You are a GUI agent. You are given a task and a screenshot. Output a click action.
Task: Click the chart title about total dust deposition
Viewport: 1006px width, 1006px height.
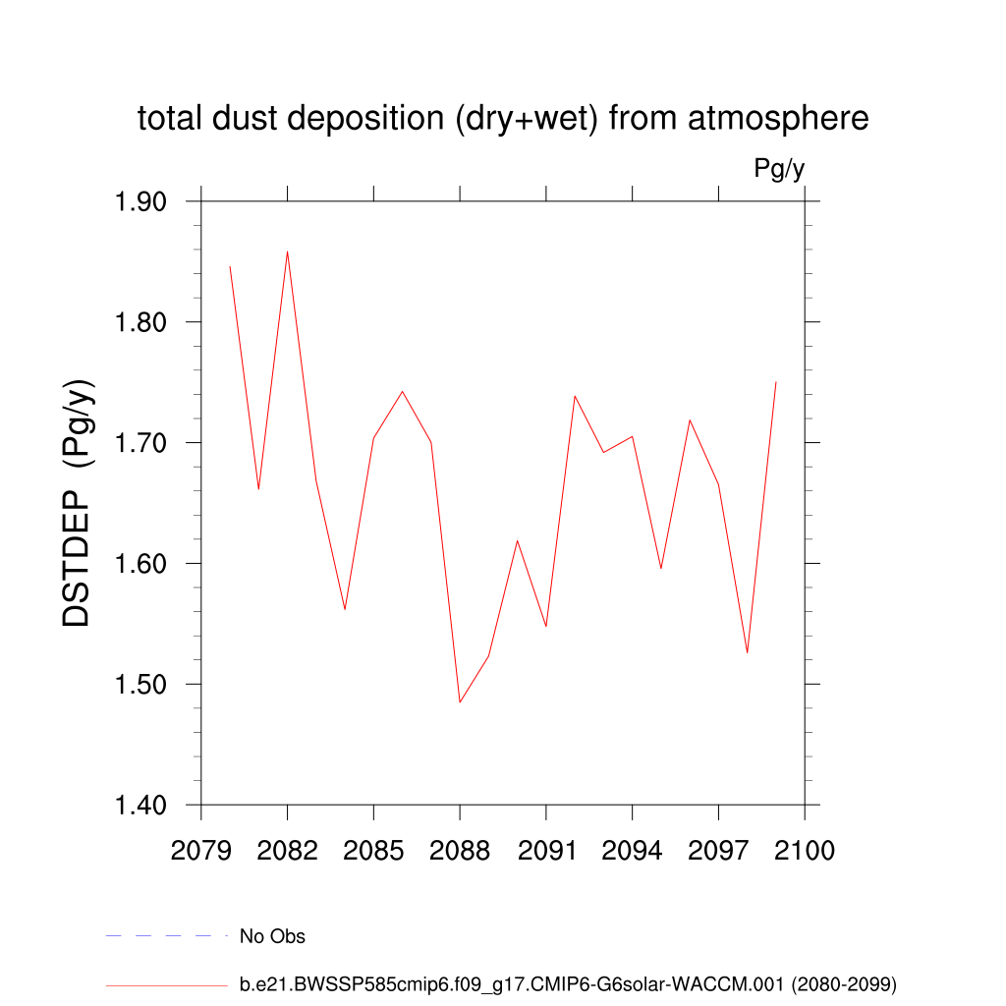[503, 119]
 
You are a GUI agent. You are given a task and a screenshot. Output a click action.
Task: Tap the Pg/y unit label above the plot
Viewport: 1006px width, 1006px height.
[779, 169]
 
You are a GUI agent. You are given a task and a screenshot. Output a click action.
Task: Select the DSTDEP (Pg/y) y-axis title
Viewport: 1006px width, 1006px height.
[79, 502]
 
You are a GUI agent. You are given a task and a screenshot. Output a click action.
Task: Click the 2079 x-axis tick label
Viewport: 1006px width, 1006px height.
[201, 851]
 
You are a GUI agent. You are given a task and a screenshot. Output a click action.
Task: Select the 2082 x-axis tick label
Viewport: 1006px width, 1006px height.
[288, 851]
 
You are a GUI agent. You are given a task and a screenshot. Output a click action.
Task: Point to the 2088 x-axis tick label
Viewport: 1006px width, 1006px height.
[460, 851]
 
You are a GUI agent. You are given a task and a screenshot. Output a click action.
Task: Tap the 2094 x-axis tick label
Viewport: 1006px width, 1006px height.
[633, 851]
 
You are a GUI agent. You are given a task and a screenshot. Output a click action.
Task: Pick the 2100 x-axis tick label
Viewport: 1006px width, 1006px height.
[805, 851]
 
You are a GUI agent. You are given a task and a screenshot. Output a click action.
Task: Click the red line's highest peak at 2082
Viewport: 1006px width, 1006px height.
[287, 251]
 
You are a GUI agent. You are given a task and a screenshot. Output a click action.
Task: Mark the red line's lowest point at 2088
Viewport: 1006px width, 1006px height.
[460, 702]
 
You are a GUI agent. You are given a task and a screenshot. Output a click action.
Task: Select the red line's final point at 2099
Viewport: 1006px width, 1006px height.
[776, 381]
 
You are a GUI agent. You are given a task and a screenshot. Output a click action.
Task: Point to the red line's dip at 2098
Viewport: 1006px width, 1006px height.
[748, 653]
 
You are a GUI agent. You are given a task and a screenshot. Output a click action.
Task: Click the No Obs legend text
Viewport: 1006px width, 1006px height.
[272, 936]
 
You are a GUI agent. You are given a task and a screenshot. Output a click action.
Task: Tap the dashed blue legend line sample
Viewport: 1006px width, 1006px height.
[166, 936]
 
